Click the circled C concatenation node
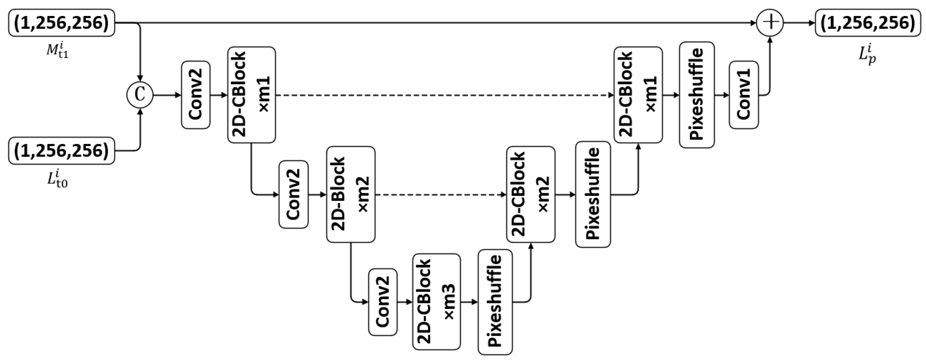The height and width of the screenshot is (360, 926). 140,95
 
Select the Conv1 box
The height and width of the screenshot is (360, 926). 744,95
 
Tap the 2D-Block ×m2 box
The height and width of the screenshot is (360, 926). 350,194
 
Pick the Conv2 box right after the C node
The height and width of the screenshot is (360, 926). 196,95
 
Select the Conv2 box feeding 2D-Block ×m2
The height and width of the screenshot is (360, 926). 293,194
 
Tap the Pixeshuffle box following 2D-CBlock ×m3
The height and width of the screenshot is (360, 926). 495,302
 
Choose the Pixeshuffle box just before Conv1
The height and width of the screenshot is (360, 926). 697,95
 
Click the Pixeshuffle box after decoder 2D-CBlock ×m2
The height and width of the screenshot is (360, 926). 593,194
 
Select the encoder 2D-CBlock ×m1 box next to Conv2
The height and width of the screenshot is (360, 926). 252,95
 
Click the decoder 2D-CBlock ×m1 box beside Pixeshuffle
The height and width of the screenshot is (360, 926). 638,95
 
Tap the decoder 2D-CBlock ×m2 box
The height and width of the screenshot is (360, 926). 531,194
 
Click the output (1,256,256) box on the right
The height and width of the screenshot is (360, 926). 869,23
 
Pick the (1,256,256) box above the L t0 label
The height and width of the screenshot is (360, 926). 62,151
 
